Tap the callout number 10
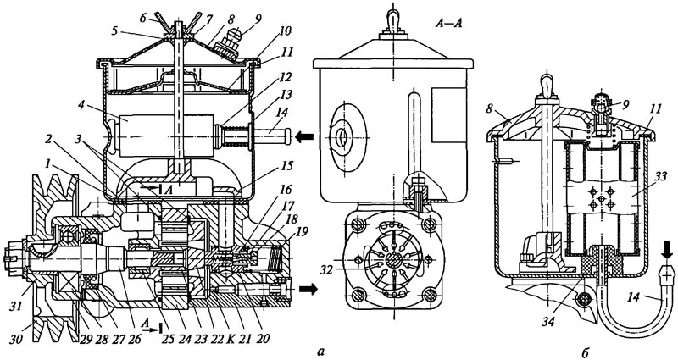coord(286,31)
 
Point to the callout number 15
coord(286,166)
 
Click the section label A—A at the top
coord(448,24)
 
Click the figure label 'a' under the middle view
coord(320,352)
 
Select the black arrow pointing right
coord(309,288)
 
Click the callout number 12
coord(286,78)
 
